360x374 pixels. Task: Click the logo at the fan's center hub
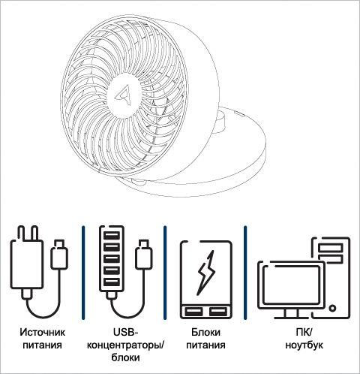123,95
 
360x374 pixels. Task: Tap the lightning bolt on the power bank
206,273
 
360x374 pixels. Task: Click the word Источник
42,333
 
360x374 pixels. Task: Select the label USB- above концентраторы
126,332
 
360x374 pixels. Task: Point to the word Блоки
205,333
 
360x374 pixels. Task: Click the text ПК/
304,333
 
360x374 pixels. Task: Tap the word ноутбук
304,345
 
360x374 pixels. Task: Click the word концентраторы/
126,345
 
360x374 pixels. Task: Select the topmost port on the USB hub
112,235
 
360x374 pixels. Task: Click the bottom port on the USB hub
112,282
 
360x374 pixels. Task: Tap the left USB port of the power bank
193,312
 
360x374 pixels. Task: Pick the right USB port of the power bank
218,312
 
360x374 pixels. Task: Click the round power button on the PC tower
332,308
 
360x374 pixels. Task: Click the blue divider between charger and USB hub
83,273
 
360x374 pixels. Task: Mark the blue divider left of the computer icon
245,273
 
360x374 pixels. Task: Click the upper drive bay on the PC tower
330,248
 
